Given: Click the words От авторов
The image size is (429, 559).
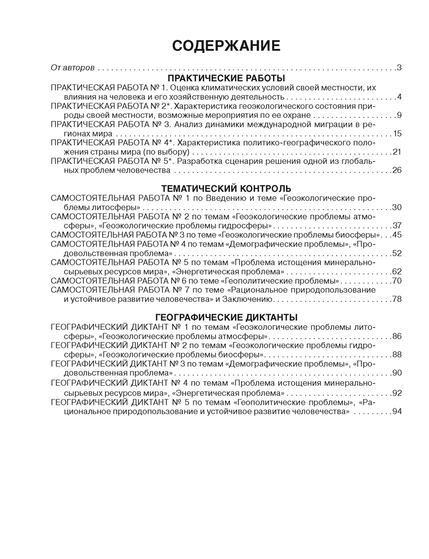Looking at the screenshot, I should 73,68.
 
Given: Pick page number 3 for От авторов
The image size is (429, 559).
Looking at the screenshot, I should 399,68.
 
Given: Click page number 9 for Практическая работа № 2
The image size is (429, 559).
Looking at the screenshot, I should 399,115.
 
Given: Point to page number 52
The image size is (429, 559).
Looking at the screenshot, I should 397,253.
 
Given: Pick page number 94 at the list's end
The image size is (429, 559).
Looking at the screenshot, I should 397,411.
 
